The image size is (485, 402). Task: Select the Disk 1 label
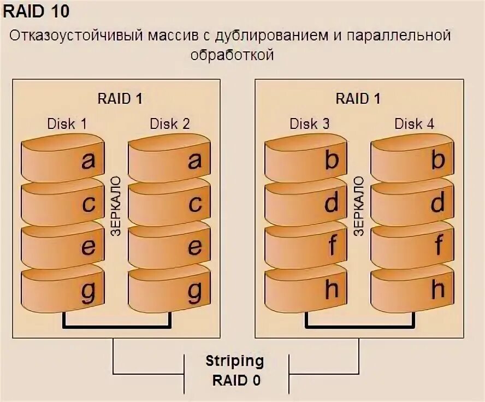[66, 123]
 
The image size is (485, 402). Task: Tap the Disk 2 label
[170, 123]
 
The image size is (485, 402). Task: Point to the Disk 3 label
[309, 123]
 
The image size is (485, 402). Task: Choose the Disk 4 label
[415, 123]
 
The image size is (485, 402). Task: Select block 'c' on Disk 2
[169, 203]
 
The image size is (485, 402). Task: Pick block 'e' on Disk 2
[169, 246]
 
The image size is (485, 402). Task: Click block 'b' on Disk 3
[306, 159]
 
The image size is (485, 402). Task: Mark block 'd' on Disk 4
[412, 203]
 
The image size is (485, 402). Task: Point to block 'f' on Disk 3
[306, 246]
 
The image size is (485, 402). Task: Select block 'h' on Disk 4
[412, 289]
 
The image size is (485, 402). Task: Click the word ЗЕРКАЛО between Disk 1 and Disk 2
[116, 206]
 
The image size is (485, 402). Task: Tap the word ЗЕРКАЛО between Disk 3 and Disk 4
[359, 206]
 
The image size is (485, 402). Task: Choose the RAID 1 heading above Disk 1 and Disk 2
[120, 99]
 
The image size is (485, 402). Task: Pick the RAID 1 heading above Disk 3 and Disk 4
[358, 99]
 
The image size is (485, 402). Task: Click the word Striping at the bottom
[234, 361]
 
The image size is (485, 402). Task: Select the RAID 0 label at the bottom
[236, 380]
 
